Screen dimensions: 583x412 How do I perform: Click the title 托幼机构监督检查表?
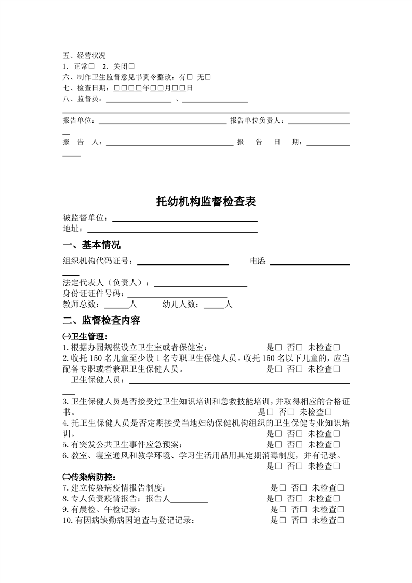click(x=206, y=202)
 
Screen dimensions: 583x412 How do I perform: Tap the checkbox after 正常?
click(x=91, y=67)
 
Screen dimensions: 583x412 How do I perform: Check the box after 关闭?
click(x=131, y=67)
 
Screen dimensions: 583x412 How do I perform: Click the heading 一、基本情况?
click(x=91, y=245)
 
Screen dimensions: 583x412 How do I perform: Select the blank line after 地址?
click(x=172, y=229)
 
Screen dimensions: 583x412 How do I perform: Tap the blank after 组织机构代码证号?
click(x=182, y=262)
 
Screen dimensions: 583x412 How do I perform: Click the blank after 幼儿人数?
click(x=214, y=305)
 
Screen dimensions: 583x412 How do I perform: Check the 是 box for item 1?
click(x=278, y=347)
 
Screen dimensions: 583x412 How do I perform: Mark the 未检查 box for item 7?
click(x=341, y=488)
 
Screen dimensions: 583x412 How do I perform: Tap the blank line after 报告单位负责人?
click(x=318, y=122)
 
